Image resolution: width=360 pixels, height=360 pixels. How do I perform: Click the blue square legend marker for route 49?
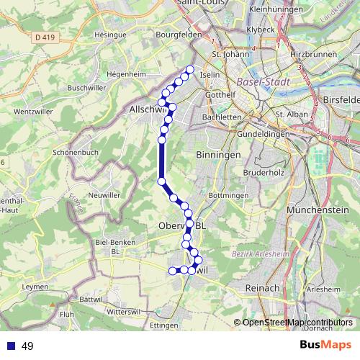(10, 346)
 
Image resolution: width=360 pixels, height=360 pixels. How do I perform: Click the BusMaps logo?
(325, 346)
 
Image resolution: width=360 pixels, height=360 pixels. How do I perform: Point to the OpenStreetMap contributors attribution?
(297, 322)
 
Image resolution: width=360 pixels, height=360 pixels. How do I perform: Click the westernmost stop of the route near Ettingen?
(172, 271)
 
